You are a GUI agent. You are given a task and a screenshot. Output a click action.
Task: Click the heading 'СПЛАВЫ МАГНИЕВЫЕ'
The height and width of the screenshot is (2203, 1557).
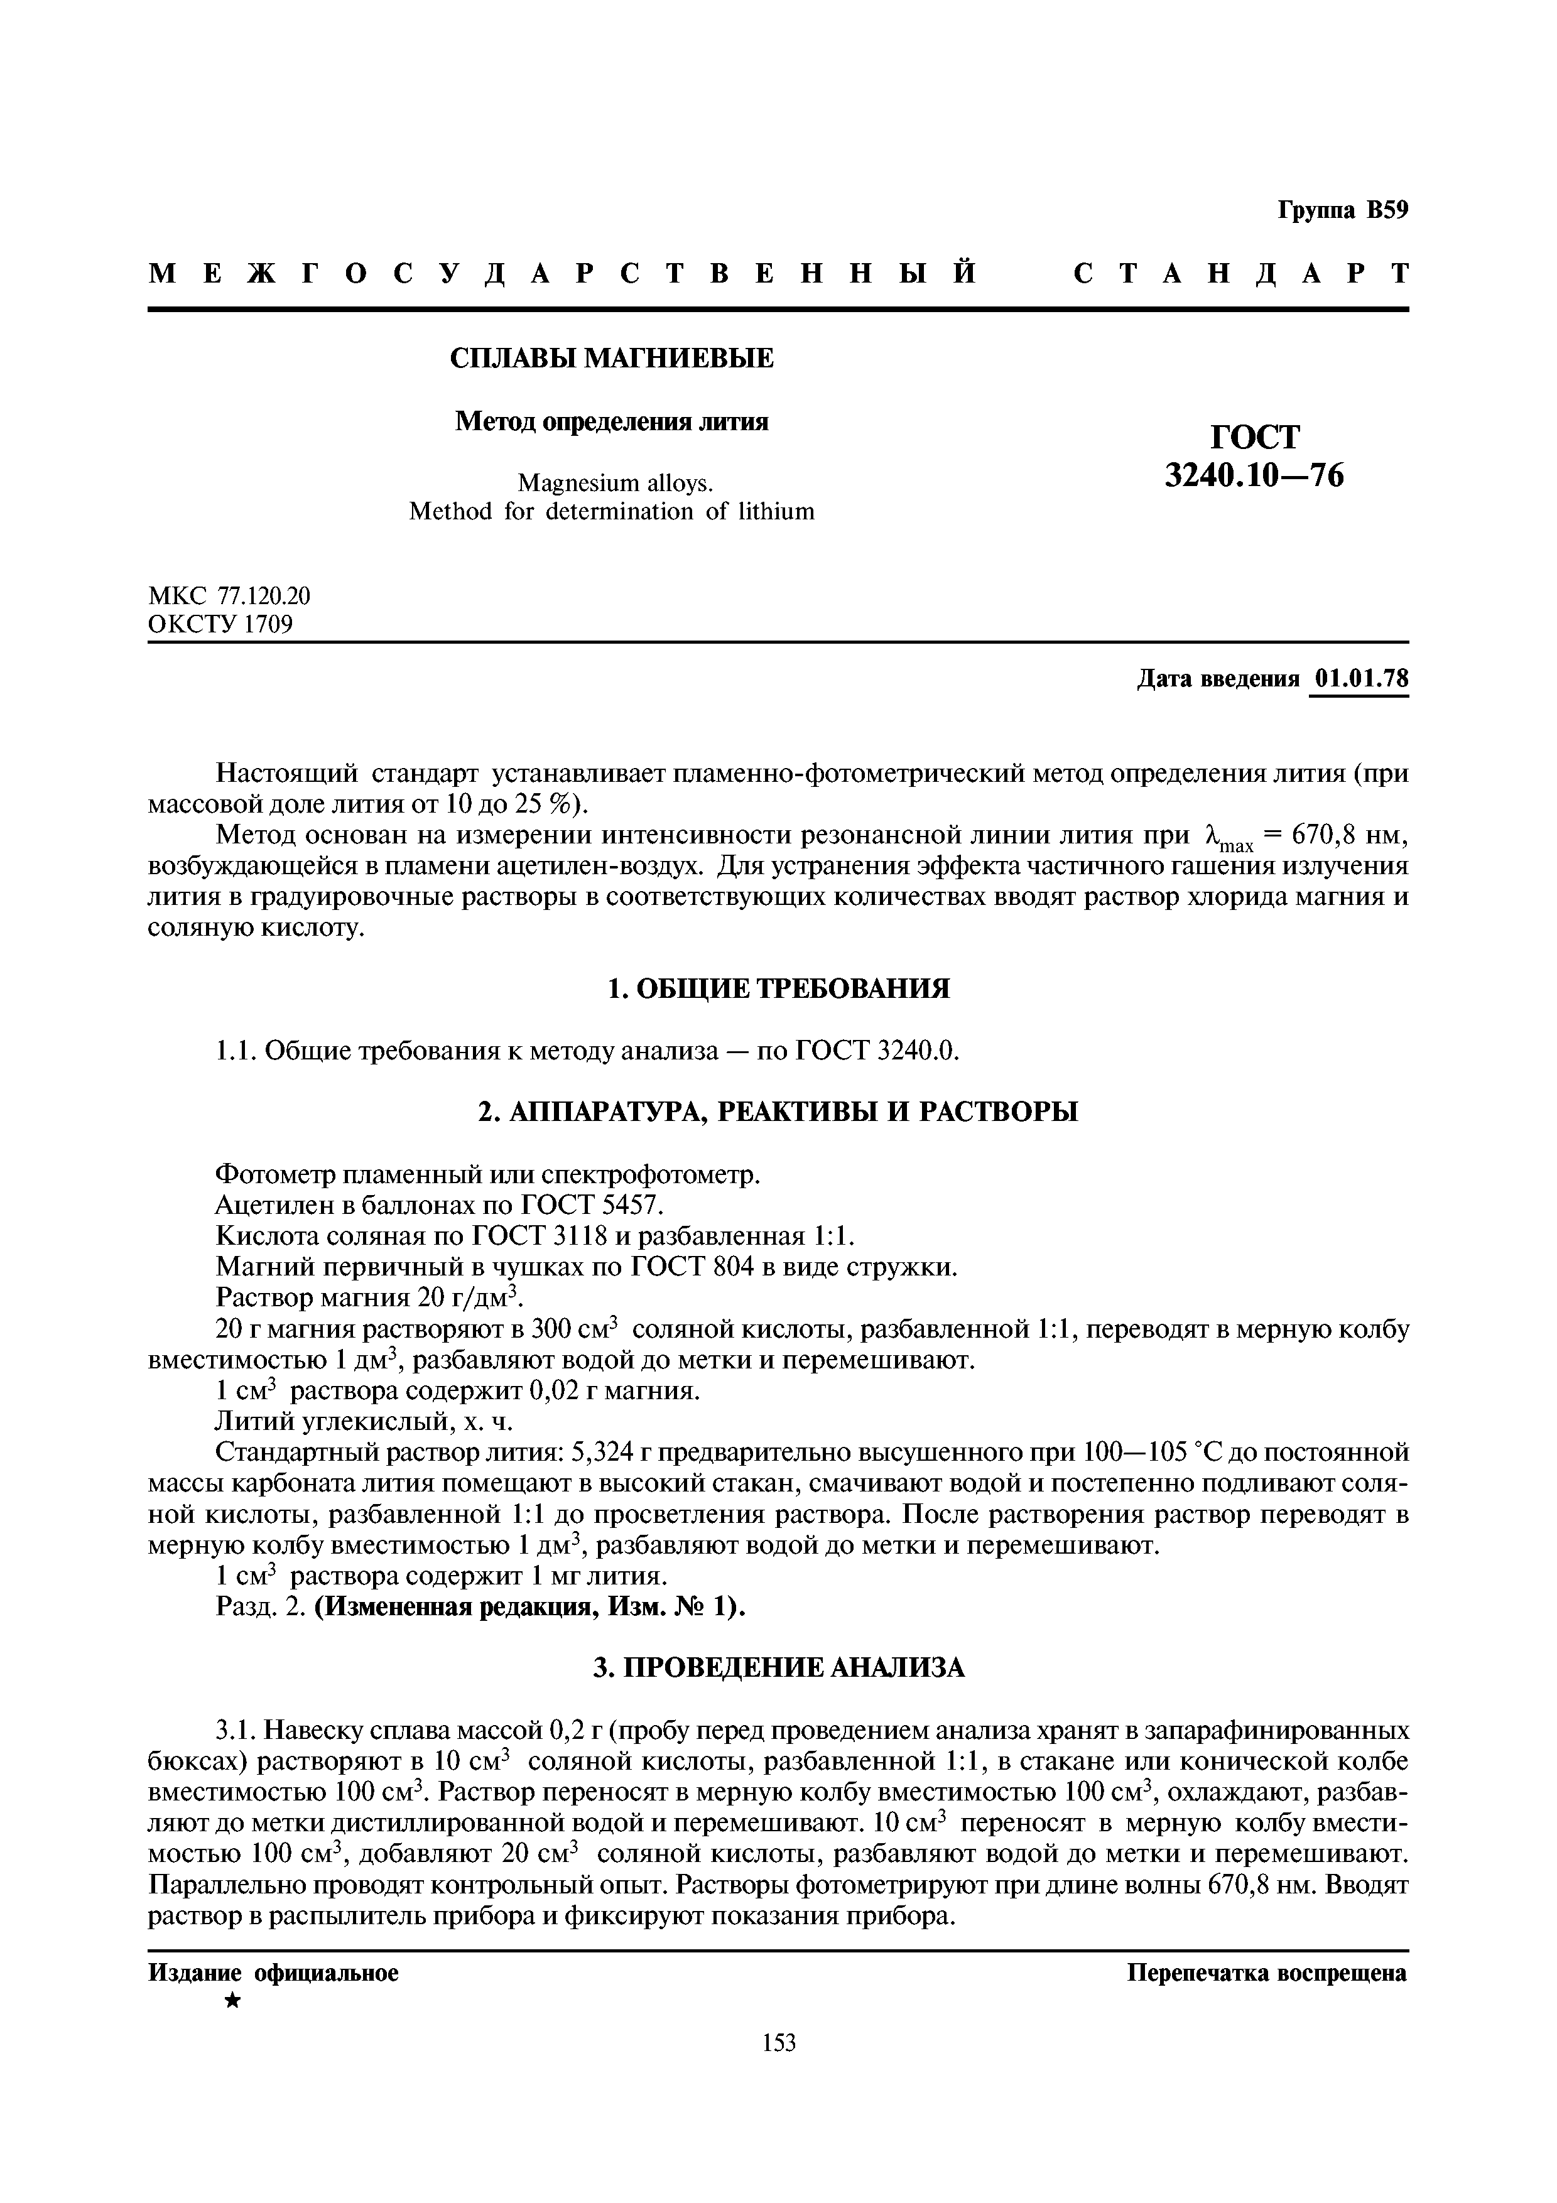pos(612,359)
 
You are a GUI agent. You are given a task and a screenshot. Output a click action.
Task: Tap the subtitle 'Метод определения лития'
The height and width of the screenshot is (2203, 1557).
pos(611,421)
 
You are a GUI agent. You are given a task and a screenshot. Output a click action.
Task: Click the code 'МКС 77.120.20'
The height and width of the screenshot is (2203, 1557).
pos(231,596)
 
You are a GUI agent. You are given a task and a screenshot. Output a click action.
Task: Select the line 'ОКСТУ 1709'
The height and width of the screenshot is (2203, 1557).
pos(220,625)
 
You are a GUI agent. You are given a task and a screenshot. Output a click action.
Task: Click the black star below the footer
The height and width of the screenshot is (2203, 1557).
pos(231,2001)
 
